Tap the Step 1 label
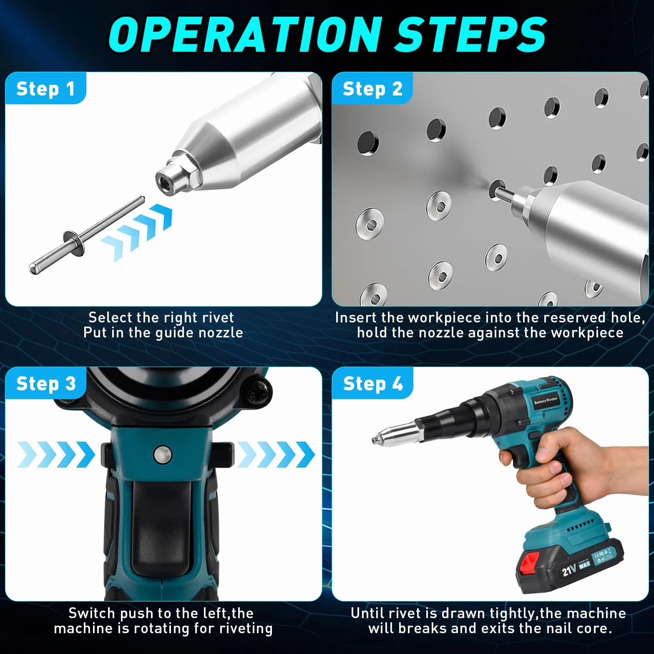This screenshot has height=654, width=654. pyautogui.click(x=45, y=89)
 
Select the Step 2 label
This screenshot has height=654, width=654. pyautogui.click(x=372, y=89)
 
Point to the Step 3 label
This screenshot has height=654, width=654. pyautogui.click(x=46, y=384)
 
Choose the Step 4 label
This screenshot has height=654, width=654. pyautogui.click(x=373, y=384)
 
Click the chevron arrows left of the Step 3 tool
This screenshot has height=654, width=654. pyautogui.click(x=56, y=455)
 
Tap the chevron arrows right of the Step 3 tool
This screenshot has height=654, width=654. pyautogui.click(x=275, y=455)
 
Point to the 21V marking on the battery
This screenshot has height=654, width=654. pyautogui.click(x=569, y=569)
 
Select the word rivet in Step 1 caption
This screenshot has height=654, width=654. pyautogui.click(x=218, y=318)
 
